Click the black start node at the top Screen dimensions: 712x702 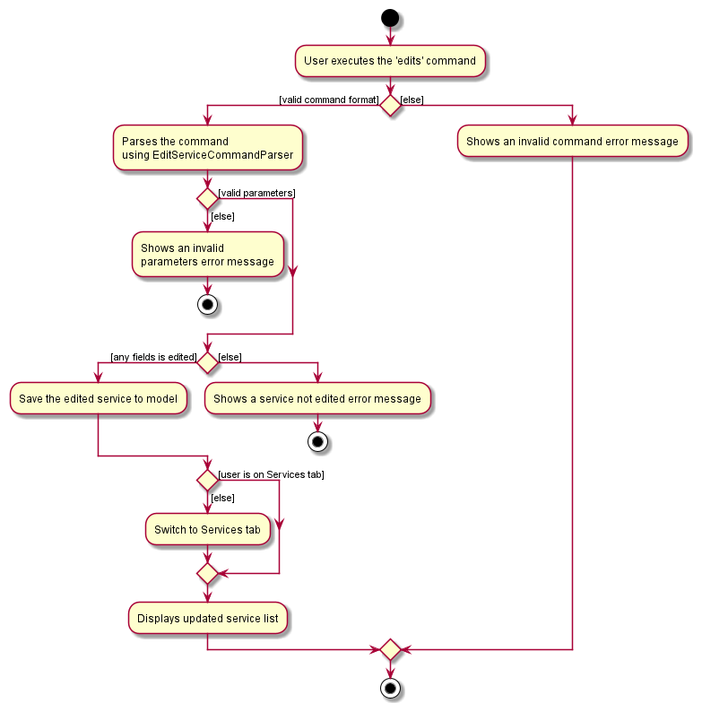(x=389, y=17)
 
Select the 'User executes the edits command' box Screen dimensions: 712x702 (x=390, y=61)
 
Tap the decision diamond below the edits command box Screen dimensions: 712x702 (x=389, y=105)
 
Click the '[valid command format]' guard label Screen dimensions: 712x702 (x=329, y=100)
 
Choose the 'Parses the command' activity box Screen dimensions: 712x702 (x=207, y=149)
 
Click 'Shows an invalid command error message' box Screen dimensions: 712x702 (x=572, y=142)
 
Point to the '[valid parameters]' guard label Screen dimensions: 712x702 (x=256, y=193)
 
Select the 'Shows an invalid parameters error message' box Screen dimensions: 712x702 (x=207, y=255)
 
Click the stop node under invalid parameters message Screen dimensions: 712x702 (x=207, y=304)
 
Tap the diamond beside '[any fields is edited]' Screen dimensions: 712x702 (x=207, y=362)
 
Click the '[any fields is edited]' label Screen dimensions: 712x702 (x=153, y=357)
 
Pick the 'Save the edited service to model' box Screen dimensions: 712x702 (x=98, y=398)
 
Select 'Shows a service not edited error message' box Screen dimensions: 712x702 (x=317, y=398)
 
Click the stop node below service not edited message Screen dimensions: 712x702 (x=317, y=441)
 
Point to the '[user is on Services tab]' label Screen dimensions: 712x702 (x=271, y=474)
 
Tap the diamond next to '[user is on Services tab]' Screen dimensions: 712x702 (x=207, y=480)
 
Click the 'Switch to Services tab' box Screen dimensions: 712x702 (x=207, y=529)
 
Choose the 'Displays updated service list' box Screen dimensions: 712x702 (x=207, y=619)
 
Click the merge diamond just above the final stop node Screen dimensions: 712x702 (x=389, y=648)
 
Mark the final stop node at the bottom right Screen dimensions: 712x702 (x=389, y=689)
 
